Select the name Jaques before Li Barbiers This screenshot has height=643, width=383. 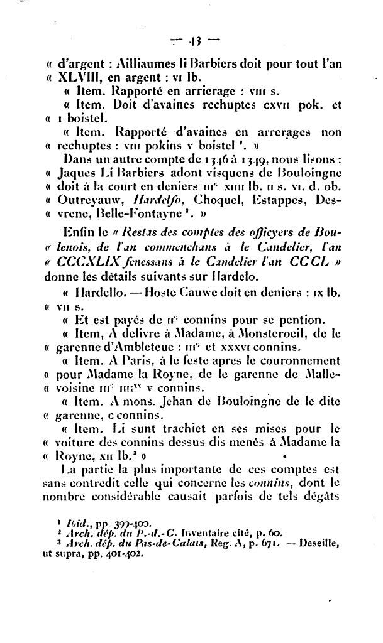(x=77, y=172)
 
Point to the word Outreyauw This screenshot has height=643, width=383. (x=87, y=201)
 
